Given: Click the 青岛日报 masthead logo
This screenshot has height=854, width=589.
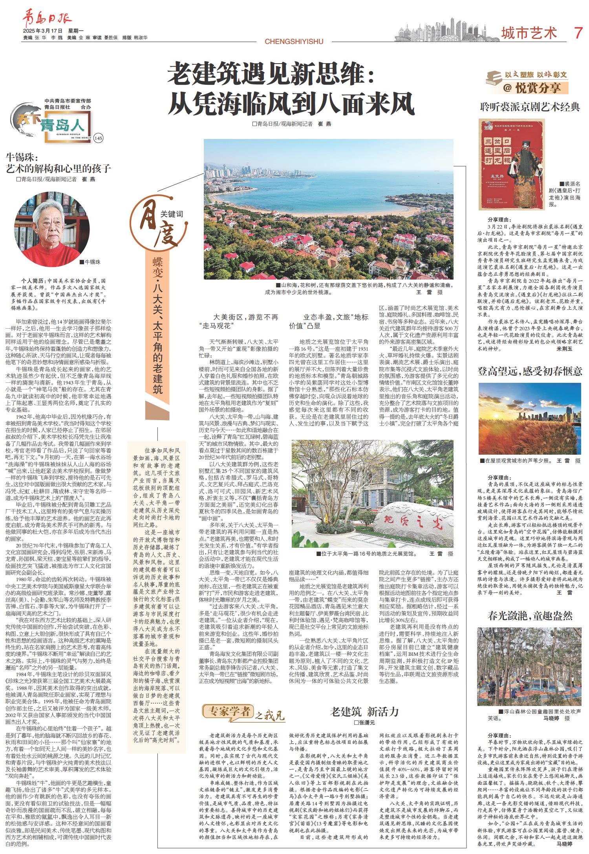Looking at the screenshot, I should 47,19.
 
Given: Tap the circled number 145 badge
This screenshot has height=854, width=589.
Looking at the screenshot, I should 98,138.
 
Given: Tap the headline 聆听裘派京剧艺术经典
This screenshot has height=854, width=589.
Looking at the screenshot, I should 530,106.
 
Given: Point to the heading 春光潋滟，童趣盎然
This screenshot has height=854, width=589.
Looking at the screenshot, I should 530,615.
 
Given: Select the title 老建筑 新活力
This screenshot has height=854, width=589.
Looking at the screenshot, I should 365,711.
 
